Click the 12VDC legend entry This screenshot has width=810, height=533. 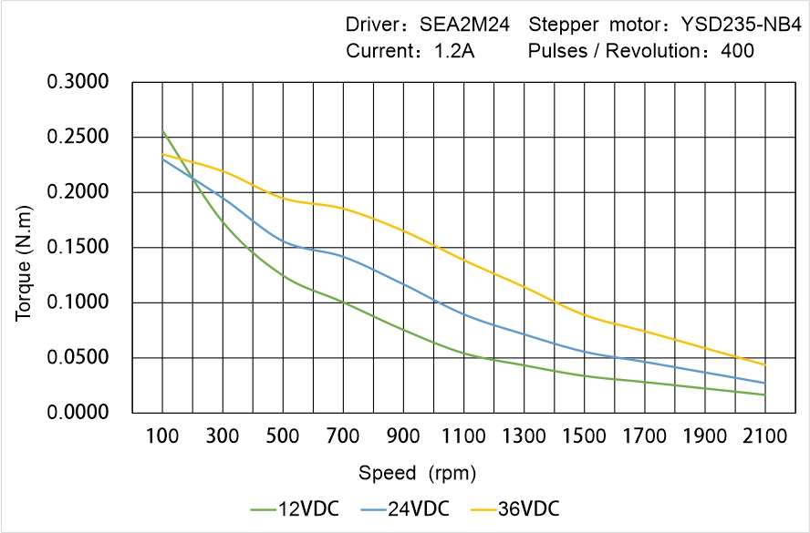point(294,508)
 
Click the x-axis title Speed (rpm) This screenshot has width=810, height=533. point(417,473)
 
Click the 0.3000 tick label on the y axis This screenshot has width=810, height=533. point(79,83)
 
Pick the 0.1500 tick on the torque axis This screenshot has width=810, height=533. point(79,248)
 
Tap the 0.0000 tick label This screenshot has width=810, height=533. point(79,413)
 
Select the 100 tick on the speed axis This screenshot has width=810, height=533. point(163,436)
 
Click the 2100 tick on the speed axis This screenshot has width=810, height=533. point(764,436)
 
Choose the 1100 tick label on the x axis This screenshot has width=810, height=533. point(464,436)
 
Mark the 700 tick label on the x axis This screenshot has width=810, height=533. point(344,436)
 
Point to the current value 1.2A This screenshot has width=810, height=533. point(452,51)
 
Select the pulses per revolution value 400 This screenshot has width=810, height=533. point(737,51)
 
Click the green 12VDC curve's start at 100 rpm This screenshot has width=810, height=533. point(163,132)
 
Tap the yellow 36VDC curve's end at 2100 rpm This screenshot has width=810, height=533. point(764,364)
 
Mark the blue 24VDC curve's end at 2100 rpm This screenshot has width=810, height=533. point(764,383)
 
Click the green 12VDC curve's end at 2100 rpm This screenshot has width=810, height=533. point(764,395)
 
